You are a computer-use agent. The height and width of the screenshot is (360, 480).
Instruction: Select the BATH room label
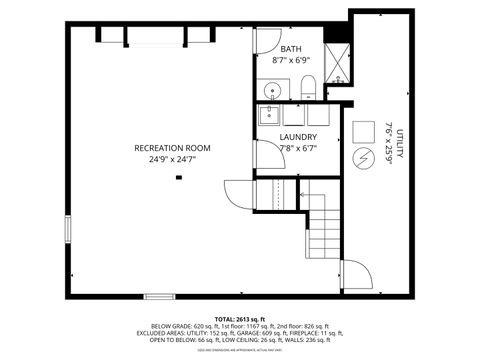coord(291,49)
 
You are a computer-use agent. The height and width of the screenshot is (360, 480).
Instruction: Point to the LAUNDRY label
coord(298,137)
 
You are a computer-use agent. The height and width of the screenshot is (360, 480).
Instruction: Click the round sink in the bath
coord(271,91)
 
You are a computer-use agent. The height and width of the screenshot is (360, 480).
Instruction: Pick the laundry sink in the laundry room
coord(269,114)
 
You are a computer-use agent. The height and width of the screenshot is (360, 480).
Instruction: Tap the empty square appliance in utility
coord(362,131)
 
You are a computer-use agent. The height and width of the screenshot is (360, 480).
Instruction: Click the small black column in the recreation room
coord(179,177)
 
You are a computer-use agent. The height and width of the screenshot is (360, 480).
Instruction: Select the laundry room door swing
coord(265,155)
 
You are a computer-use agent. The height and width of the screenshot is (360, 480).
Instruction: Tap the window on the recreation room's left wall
coord(67,228)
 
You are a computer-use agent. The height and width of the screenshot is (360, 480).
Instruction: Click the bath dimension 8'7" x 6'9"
coord(291,60)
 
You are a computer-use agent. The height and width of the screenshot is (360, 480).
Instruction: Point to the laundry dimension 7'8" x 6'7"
coord(298,148)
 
